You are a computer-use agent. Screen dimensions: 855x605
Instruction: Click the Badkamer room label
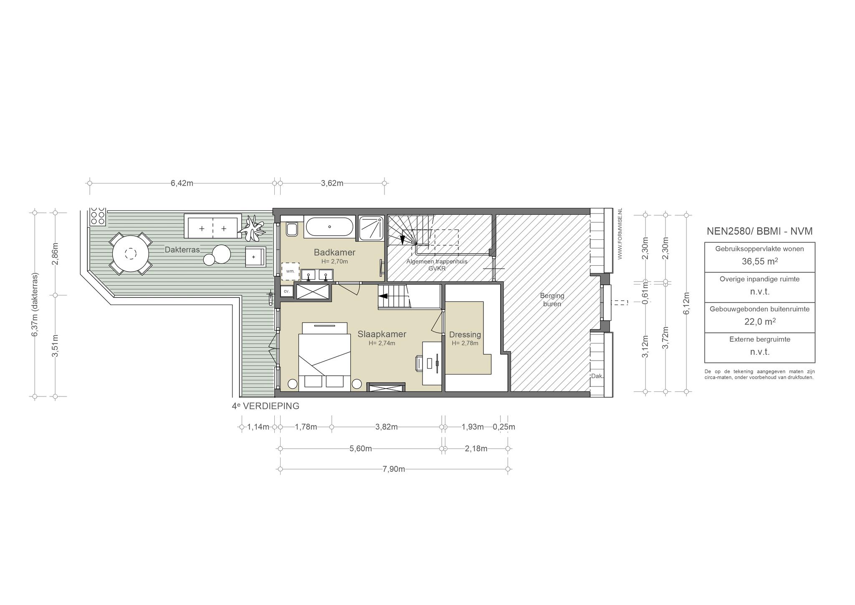[334, 252]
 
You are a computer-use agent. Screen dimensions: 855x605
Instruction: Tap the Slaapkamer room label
[382, 334]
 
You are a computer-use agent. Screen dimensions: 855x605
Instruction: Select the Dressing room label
[465, 335]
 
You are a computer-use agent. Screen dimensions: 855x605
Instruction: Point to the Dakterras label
[182, 250]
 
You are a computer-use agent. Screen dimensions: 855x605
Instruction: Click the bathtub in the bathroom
[329, 227]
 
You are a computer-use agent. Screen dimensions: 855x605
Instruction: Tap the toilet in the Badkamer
[292, 228]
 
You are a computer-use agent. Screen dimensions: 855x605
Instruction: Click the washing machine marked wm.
[290, 271]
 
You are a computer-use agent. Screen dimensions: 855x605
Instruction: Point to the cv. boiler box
[286, 291]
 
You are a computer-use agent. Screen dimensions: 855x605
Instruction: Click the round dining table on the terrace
[131, 254]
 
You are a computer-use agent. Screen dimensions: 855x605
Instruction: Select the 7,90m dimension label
[394, 469]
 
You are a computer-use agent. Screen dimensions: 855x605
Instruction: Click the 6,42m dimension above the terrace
[182, 183]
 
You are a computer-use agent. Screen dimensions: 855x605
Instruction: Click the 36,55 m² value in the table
[759, 262]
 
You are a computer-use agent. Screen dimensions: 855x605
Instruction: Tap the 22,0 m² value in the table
[759, 322]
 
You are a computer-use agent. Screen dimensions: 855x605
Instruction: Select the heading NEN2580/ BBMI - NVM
[759, 231]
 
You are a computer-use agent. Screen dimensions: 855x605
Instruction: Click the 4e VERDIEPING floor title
[266, 406]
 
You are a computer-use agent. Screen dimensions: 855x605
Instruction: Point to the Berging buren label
[552, 300]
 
